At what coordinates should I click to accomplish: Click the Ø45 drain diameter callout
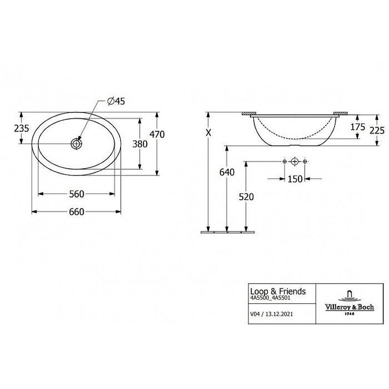(x=116, y=101)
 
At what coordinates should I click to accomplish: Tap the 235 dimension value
(x=21, y=128)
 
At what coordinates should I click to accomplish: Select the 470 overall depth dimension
(x=157, y=135)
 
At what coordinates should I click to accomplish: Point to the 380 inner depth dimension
(x=140, y=144)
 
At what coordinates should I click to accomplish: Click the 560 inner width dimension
(x=77, y=194)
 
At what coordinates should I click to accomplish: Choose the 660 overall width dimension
(x=77, y=212)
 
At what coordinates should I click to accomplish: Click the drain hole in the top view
(x=76, y=143)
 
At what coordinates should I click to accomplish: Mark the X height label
(x=209, y=133)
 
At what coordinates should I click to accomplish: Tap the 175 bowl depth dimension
(x=358, y=127)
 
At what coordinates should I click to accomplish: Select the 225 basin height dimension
(x=377, y=130)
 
